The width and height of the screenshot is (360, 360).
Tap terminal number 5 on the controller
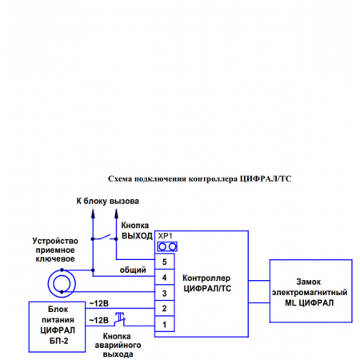point(164,262)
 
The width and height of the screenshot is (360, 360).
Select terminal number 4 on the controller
point(164,277)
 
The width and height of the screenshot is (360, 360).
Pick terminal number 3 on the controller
point(164,293)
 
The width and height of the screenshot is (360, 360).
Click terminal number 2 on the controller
point(164,308)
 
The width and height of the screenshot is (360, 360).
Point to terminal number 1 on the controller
point(164,324)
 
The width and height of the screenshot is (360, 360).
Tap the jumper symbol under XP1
point(166,246)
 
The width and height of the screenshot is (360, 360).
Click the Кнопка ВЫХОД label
point(137,231)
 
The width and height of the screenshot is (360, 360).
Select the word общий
point(133,270)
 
